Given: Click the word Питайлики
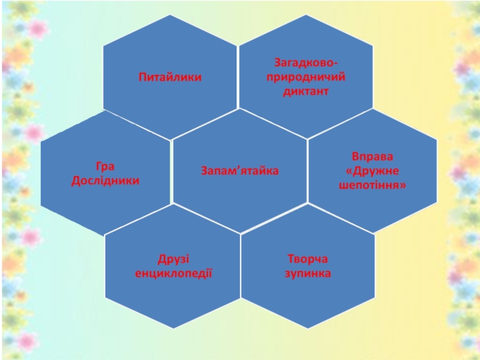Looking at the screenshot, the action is [170, 77].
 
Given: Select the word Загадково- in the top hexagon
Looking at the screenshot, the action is [307, 62].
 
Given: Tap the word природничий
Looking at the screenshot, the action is [307, 77].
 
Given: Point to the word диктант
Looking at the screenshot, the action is [307, 92].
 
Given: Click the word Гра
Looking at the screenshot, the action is [105, 166].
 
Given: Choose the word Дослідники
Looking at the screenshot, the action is [105, 180].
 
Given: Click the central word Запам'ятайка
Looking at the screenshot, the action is [239, 171].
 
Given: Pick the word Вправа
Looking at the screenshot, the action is [373, 157].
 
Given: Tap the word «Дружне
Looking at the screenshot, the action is [373, 171].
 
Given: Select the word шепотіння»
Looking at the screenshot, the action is [373, 185].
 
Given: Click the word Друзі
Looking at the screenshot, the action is [173, 259].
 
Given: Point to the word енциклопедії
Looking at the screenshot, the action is [173, 274].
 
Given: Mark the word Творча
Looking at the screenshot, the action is [308, 259].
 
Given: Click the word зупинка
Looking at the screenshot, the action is [308, 274].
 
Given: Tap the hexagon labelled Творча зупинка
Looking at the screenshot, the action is [308, 300].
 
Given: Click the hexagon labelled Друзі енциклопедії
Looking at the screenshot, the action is [173, 300].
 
